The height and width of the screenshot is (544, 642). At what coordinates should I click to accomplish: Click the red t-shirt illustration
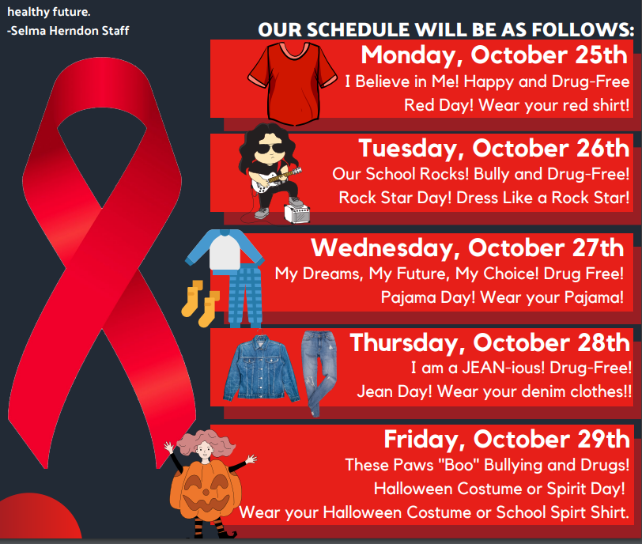point(291,81)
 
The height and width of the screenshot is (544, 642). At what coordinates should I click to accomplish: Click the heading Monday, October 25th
point(495,55)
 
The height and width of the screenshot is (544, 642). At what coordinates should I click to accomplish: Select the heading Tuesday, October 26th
point(494,148)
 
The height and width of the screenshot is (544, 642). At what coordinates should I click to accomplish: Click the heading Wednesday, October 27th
point(467,247)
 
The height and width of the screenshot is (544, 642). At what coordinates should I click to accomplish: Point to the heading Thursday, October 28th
point(490,342)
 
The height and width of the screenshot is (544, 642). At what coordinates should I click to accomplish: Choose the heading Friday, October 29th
point(507,439)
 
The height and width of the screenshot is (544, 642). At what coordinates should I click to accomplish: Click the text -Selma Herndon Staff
point(68,31)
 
